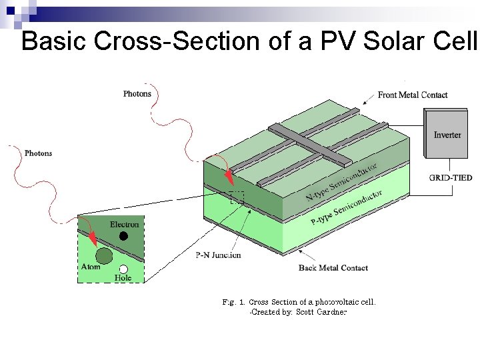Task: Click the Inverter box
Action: click(447, 135)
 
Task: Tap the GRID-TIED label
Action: click(450, 178)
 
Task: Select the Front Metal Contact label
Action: click(413, 95)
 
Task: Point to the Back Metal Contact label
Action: click(333, 268)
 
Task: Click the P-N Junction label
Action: click(218, 255)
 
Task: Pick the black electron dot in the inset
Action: click(123, 236)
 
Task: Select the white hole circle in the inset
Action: click(123, 269)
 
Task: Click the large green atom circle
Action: click(104, 255)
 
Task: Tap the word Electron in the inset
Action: click(124, 225)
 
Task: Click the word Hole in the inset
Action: click(123, 278)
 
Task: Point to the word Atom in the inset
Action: click(91, 267)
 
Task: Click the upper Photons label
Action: click(137, 94)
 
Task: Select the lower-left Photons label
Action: click(38, 153)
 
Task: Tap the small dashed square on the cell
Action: click(237, 197)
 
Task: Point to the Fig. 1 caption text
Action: click(299, 301)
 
